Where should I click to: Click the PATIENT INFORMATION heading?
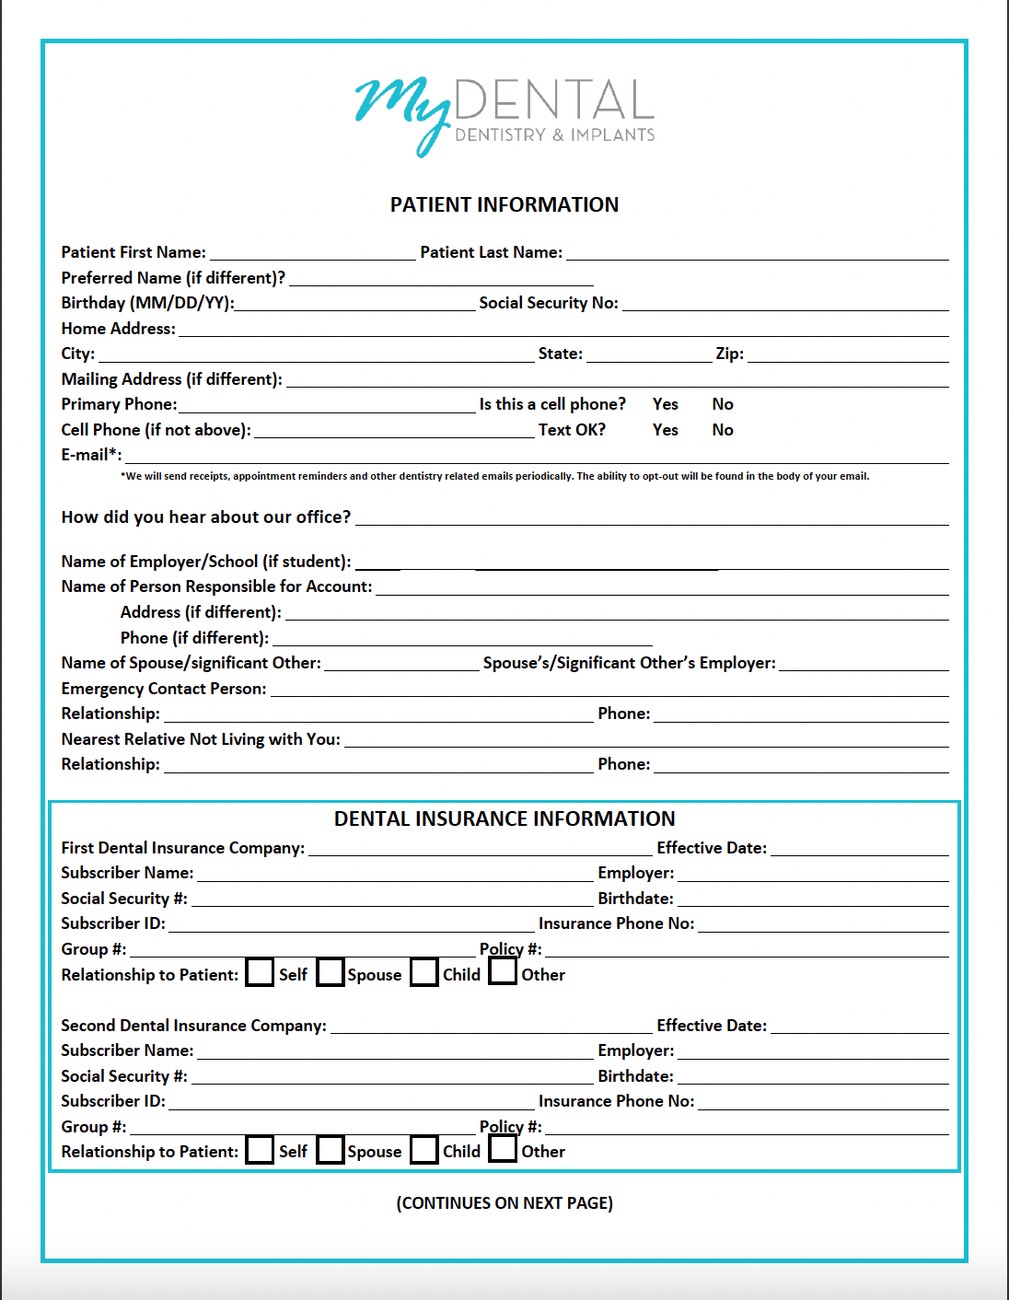coord(504,204)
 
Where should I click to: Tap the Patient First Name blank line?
coord(312,253)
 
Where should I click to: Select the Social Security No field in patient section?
coord(784,304)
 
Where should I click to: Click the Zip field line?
coord(847,354)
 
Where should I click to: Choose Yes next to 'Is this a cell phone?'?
coord(665,404)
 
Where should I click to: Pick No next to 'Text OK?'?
coord(723,430)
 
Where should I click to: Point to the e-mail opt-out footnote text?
coord(494,476)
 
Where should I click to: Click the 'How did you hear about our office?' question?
coord(206,517)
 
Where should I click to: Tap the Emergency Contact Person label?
coord(164,689)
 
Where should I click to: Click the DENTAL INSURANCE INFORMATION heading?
coord(504,818)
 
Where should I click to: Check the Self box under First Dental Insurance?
coord(261,972)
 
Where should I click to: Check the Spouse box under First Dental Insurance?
coord(331,972)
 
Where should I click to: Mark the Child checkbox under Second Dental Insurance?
coord(424,1150)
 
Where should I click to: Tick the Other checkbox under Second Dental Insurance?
coord(503,1149)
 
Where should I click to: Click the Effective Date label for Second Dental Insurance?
coord(712,1026)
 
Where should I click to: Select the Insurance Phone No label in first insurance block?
coord(616,923)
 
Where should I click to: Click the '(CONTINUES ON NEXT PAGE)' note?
coord(504,1203)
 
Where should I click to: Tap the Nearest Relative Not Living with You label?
coord(201,739)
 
